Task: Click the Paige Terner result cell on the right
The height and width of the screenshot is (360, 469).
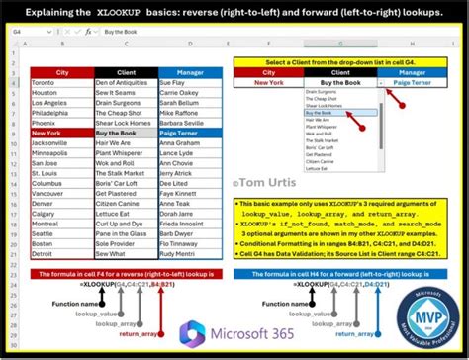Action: tap(415, 83)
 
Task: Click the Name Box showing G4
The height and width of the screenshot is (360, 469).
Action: tap(30, 31)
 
